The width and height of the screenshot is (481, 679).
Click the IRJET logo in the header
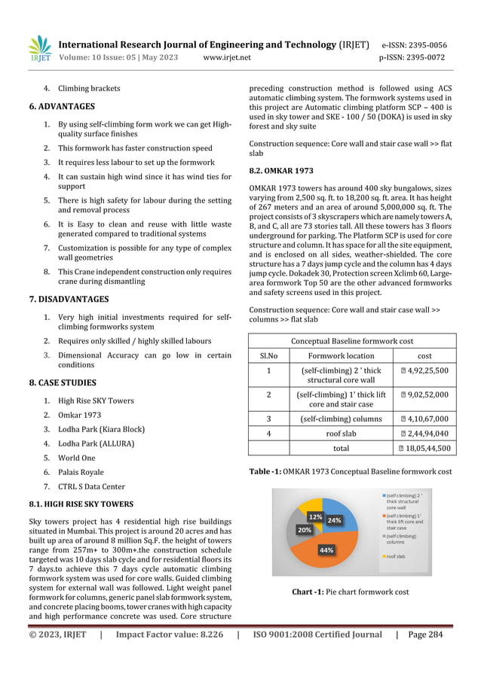pyautogui.click(x=39, y=49)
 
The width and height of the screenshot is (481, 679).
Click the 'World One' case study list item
pyautogui.click(x=77, y=458)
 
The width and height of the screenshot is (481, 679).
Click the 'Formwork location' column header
pyautogui.click(x=336, y=355)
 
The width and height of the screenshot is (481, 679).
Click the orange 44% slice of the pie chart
pyautogui.click(x=326, y=548)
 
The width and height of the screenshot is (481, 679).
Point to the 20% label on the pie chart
pyautogui.click(x=304, y=530)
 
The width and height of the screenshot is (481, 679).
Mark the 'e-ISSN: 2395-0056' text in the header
pyautogui.click(x=414, y=44)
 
